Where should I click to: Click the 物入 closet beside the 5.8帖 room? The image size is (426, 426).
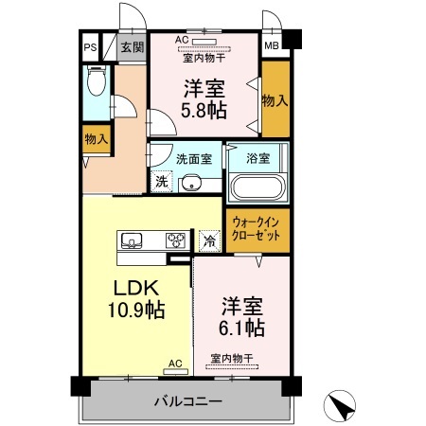coord(275,98)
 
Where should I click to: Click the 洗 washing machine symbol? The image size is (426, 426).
coord(161,179)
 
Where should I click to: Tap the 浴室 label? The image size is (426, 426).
coord(257,156)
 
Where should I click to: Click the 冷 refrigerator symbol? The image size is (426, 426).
coord(208,240)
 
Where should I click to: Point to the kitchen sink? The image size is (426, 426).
coord(132,240)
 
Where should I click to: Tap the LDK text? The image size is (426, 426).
coord(135,289)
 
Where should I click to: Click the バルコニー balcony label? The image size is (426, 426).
coord(188,401)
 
